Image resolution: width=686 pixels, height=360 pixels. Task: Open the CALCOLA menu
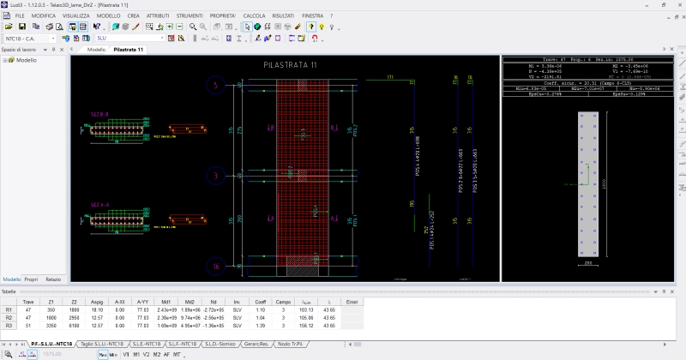pyautogui.click(x=254, y=16)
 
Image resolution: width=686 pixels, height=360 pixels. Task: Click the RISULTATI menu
pyautogui.click(x=283, y=16)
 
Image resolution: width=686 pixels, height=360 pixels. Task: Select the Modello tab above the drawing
pyautogui.click(x=96, y=50)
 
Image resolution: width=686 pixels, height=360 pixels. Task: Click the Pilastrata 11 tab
pyautogui.click(x=128, y=50)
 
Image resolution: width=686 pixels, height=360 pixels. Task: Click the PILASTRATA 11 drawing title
pyautogui.click(x=290, y=66)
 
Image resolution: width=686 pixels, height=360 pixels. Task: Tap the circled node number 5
pyautogui.click(x=215, y=84)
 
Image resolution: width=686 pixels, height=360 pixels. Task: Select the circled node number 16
pyautogui.click(x=215, y=267)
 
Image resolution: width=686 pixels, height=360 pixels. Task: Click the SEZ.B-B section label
pyautogui.click(x=100, y=113)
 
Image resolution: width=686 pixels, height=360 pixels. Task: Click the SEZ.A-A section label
pyautogui.click(x=100, y=205)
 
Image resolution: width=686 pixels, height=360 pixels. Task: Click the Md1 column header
pyautogui.click(x=165, y=302)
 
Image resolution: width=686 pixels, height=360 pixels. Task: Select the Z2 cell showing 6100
pyautogui.click(x=75, y=325)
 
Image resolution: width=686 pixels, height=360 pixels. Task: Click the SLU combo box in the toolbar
pyautogui.click(x=129, y=38)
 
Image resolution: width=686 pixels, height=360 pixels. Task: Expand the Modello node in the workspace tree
pyautogui.click(x=6, y=60)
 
